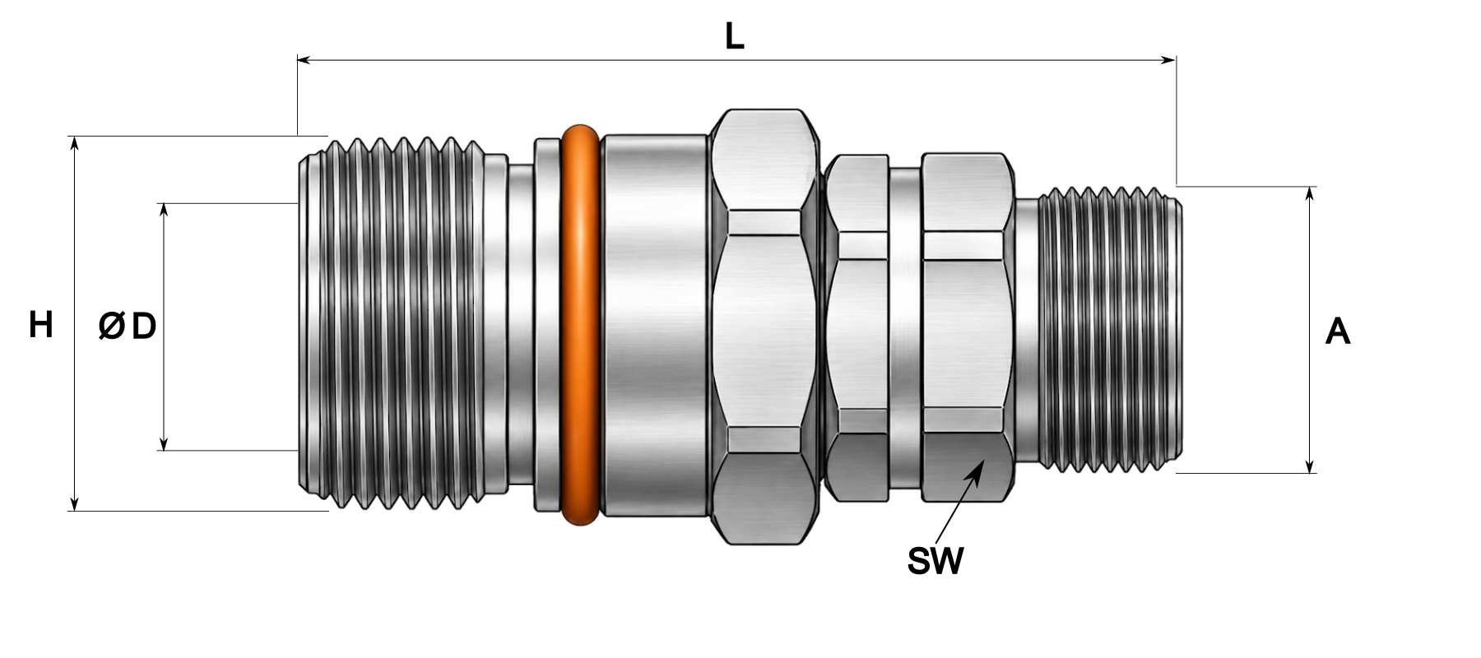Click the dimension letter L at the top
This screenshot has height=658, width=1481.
735,36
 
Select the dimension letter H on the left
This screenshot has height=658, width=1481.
41,325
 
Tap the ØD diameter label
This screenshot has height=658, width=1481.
128,327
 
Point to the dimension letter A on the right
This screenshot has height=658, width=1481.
1338,332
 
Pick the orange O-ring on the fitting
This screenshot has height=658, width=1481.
580,324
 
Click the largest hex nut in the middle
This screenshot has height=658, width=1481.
764,326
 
